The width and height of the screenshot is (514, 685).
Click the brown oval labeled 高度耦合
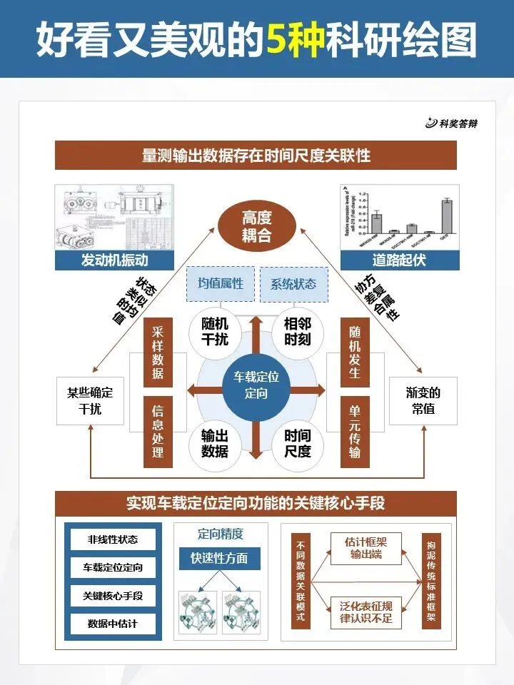pos(256,225)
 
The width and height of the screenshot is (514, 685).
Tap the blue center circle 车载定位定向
pos(256,385)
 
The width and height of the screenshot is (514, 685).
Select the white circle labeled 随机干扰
pos(215,330)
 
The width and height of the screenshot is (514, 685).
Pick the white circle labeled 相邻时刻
pos(298,330)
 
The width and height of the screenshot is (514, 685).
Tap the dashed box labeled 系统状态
pos(293,283)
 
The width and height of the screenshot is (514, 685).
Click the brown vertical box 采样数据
pos(158,354)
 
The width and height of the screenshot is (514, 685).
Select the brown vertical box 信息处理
pos(158,431)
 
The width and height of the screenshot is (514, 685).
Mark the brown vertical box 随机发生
pos(355,354)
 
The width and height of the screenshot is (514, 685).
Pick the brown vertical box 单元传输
pos(355,431)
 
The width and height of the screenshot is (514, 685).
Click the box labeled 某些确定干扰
pos(90,401)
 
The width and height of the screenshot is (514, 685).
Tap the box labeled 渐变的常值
pos(423,401)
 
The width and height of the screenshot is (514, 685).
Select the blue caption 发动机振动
pos(114,260)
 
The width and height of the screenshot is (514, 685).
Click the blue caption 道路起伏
pos(399,260)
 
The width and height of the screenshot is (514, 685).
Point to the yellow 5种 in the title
pos(293,40)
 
